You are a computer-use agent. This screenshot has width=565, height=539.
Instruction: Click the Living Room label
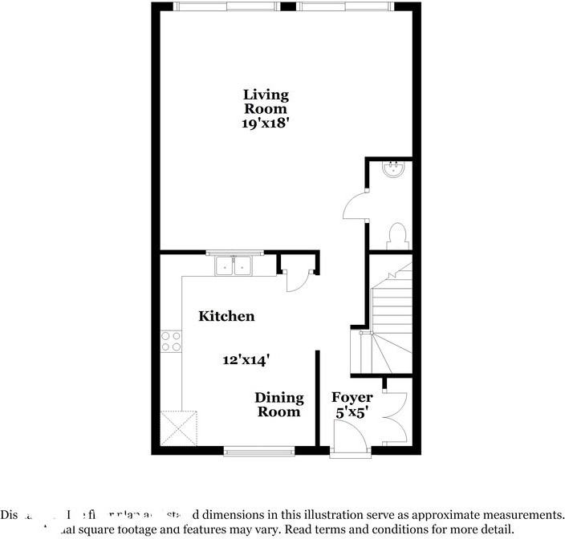point(266,102)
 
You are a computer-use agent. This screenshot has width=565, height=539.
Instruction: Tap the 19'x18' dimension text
point(266,124)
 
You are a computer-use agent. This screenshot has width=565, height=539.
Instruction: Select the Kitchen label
point(226,316)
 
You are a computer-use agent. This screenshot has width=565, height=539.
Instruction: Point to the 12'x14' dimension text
point(246,360)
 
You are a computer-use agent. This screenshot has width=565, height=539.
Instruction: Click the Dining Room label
point(279,404)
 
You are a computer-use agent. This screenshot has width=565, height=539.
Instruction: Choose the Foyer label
point(352,398)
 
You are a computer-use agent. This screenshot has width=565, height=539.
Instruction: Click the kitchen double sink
point(234,265)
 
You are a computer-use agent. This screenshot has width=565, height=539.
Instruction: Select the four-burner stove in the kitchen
point(171,342)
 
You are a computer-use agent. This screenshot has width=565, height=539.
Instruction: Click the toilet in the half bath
point(396,235)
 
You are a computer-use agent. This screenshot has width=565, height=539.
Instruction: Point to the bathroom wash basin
point(393,169)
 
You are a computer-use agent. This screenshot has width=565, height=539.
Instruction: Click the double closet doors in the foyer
point(397,414)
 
